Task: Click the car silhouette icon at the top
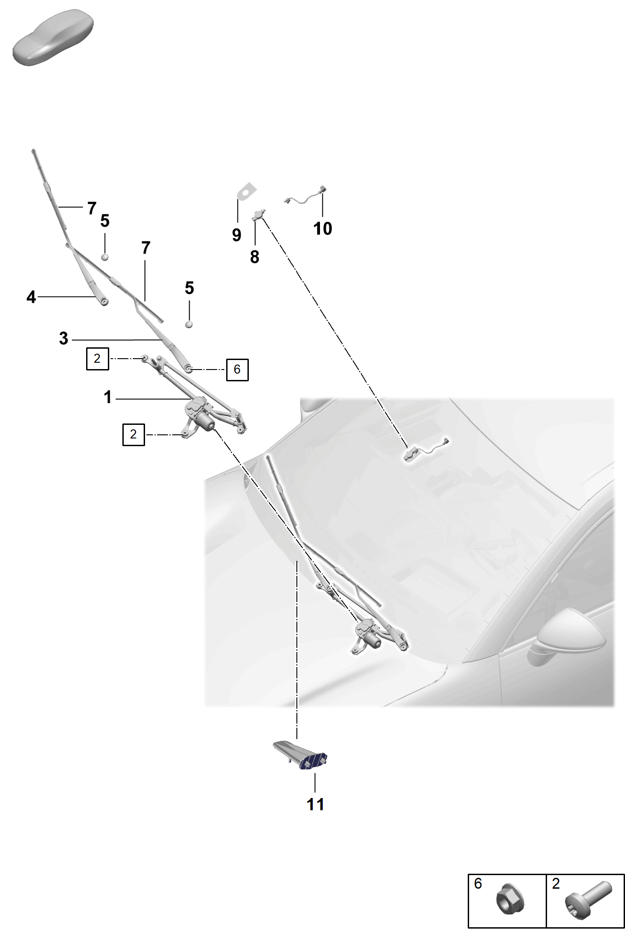coord(53,39)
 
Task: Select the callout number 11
coord(315,804)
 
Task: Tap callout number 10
coord(323,229)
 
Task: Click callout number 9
coord(236,235)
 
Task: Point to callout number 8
coord(255,257)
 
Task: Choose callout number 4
coord(31,297)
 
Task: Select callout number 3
coord(63,338)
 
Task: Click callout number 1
coord(107,397)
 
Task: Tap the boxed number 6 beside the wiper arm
coord(237,370)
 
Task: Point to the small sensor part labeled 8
coord(259,215)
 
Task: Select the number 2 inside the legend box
coord(556,883)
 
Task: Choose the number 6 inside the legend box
coord(478,883)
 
